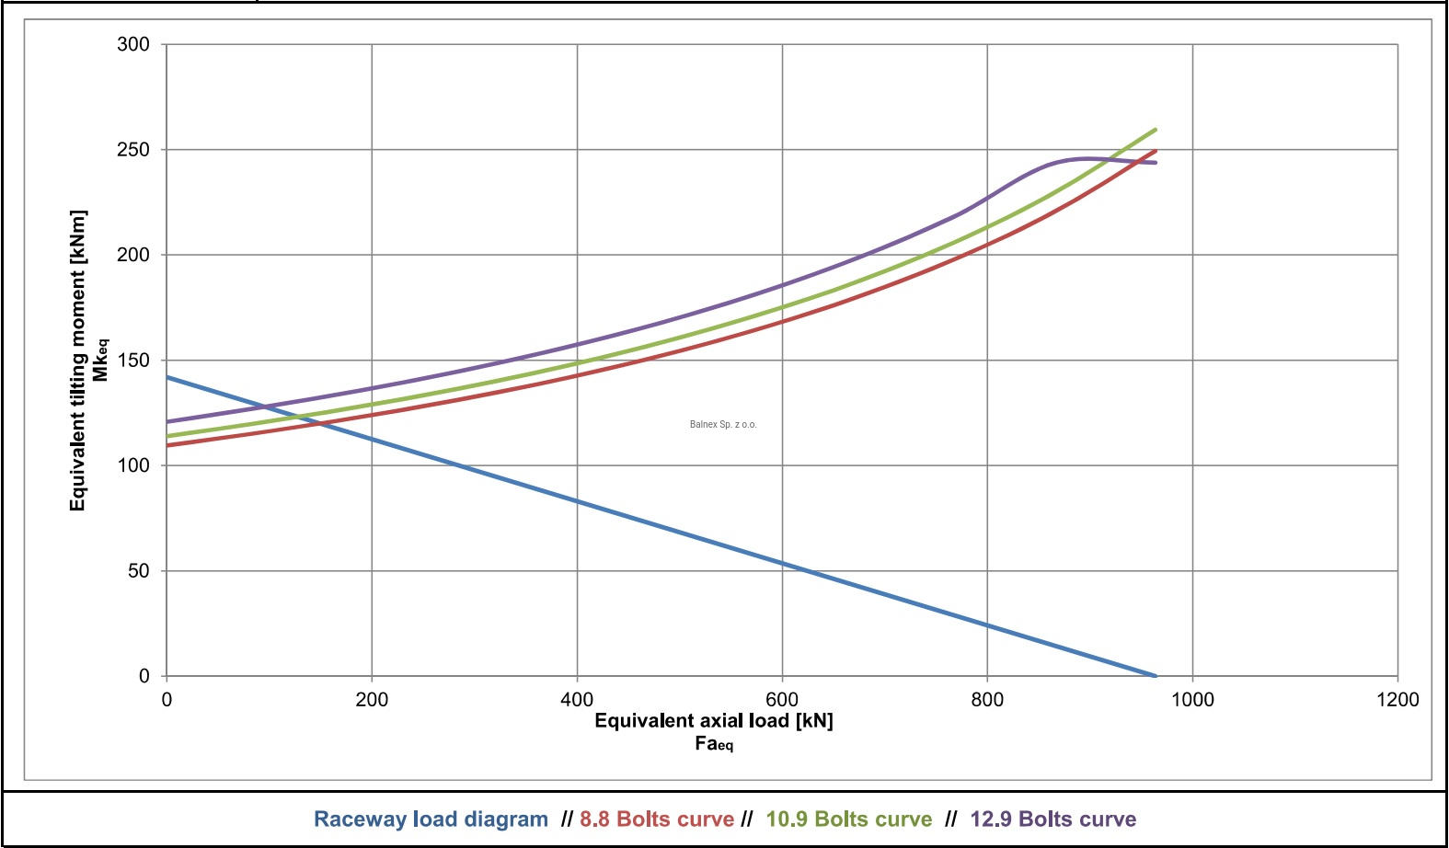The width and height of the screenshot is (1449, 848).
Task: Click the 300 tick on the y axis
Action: (x=132, y=44)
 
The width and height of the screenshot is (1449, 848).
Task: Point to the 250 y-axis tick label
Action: (x=132, y=149)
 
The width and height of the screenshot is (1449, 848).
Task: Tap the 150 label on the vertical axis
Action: (x=132, y=360)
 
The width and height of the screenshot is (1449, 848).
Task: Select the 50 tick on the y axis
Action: (x=138, y=570)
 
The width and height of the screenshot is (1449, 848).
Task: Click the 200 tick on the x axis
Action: (x=372, y=700)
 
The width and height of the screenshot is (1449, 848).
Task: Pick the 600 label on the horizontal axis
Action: (x=782, y=700)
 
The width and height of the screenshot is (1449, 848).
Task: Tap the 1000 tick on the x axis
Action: (x=1192, y=700)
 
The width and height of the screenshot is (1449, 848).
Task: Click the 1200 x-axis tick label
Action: (x=1397, y=700)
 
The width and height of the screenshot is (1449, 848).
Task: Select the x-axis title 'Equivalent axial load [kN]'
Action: (x=714, y=721)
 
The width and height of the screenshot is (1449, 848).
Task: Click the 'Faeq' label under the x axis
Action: (x=714, y=744)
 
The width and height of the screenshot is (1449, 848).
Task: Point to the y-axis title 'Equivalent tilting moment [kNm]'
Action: (x=78, y=361)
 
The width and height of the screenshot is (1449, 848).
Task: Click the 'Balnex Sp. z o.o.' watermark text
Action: (x=723, y=425)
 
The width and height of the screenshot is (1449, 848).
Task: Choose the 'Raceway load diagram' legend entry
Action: (x=431, y=819)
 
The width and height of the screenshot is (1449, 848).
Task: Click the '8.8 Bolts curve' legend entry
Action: (x=657, y=819)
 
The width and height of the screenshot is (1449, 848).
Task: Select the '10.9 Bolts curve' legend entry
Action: (x=849, y=819)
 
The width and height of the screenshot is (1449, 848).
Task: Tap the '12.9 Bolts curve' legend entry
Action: (x=1053, y=819)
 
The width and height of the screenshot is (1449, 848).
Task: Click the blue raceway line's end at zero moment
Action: (x=1156, y=676)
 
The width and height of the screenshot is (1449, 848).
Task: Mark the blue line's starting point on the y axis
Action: (x=167, y=377)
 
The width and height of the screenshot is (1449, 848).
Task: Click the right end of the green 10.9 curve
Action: (x=1156, y=130)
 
